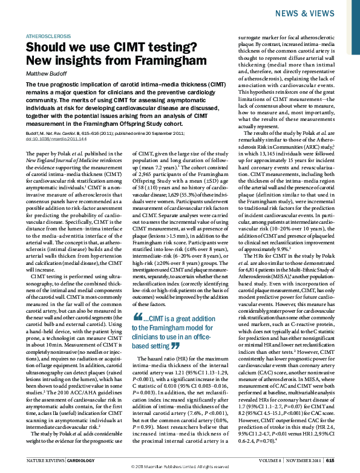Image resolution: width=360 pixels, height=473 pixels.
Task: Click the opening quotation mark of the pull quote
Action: [x=137, y=318]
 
